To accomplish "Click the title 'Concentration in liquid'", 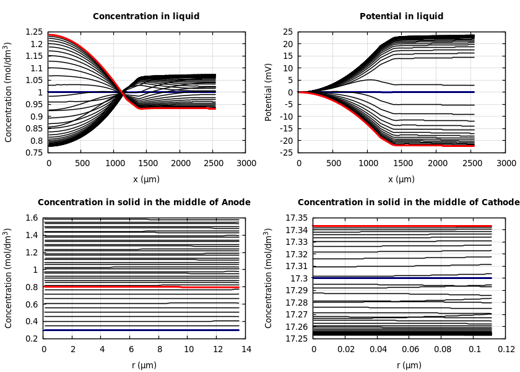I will [144, 17].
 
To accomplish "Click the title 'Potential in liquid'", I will [401, 17].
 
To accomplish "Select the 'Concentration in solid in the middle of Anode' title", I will [144, 203].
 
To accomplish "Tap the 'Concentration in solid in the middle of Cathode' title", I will [409, 203].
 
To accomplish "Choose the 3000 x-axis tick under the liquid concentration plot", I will [246, 163].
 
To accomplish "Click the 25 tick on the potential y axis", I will [288, 32].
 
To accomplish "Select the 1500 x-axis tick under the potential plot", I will [402, 163].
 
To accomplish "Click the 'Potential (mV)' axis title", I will [269, 92].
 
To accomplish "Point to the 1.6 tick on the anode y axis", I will [31, 218].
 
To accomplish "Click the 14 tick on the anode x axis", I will [246, 349].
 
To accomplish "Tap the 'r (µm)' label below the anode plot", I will [144, 365].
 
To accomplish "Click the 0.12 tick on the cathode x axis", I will [506, 349].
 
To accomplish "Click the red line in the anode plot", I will [111, 286].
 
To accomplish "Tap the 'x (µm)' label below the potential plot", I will [401, 179].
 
